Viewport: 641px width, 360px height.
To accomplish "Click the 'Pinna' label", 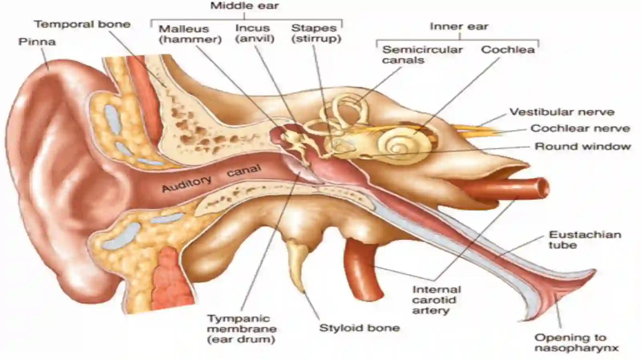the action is coord(37,42).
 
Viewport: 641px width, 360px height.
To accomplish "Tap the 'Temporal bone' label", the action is coord(83,24).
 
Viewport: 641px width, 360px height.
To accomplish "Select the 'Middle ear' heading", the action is coord(245,6).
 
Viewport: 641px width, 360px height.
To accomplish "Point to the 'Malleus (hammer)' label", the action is coord(190,34).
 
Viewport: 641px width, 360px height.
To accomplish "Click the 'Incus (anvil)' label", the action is coord(255,33).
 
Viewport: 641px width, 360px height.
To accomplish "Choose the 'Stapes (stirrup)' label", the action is coord(316,33).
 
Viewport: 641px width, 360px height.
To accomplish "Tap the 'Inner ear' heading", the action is coord(459,26).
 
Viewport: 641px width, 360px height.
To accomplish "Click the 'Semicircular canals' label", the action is coord(422,55).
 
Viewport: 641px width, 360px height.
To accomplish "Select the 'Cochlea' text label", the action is coord(508,50).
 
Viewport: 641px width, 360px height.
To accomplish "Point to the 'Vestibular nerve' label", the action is coord(562,112).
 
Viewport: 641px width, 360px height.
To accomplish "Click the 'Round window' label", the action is coord(583,147).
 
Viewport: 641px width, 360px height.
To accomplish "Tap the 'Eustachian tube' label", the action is coord(585,240).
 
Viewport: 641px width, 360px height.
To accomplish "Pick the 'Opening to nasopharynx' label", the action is coord(576,343).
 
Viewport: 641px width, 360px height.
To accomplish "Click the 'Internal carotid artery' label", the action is coord(436,300).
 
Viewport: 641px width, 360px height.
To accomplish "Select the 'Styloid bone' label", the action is coord(359,328).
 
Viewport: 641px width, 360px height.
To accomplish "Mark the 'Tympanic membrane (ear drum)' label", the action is coord(242,329).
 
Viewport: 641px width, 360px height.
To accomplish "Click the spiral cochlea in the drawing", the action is coord(405,147).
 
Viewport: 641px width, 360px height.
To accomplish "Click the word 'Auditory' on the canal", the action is coord(187,183).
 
